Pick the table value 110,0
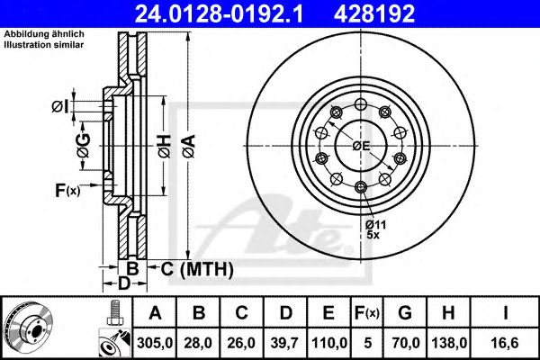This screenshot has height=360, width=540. point(330,341)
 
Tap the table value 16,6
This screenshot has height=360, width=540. point(506,341)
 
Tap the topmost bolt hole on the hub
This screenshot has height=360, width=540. point(360,102)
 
